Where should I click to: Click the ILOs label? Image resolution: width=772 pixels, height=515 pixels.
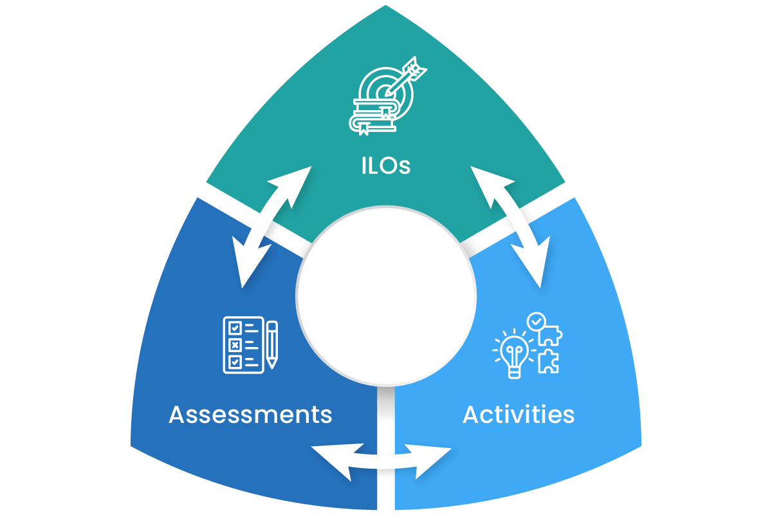[385, 166]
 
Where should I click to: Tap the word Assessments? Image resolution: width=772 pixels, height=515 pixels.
[250, 415]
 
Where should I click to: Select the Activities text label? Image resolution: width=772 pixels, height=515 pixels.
[519, 415]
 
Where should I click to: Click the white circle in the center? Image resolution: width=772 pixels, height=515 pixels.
[386, 295]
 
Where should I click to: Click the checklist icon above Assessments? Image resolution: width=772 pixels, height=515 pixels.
[243, 344]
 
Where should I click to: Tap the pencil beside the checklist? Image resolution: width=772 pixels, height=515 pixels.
[272, 344]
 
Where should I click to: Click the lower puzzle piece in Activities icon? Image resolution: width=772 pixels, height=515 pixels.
[549, 362]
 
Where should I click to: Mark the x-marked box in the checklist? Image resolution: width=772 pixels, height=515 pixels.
[235, 344]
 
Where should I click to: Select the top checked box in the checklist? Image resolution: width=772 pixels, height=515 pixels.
[235, 326]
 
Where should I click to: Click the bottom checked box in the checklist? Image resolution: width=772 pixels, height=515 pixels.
[235, 362]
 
